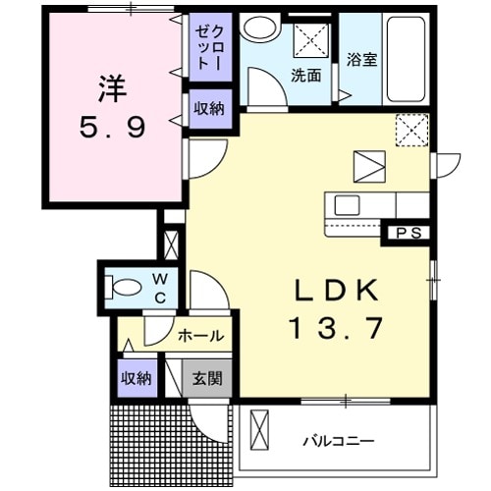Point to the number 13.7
pyautogui.click(x=334, y=327)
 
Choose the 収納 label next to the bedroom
pyautogui.click(x=208, y=108)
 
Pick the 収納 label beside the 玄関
pyautogui.click(x=136, y=378)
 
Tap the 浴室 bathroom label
pyautogui.click(x=360, y=59)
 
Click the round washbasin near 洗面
pyautogui.click(x=261, y=28)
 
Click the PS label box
pyautogui.click(x=409, y=233)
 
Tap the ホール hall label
pyautogui.click(x=200, y=336)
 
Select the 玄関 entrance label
pyautogui.click(x=206, y=378)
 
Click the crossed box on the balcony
pyautogui.click(x=258, y=430)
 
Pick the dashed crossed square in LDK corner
pyautogui.click(x=411, y=129)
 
